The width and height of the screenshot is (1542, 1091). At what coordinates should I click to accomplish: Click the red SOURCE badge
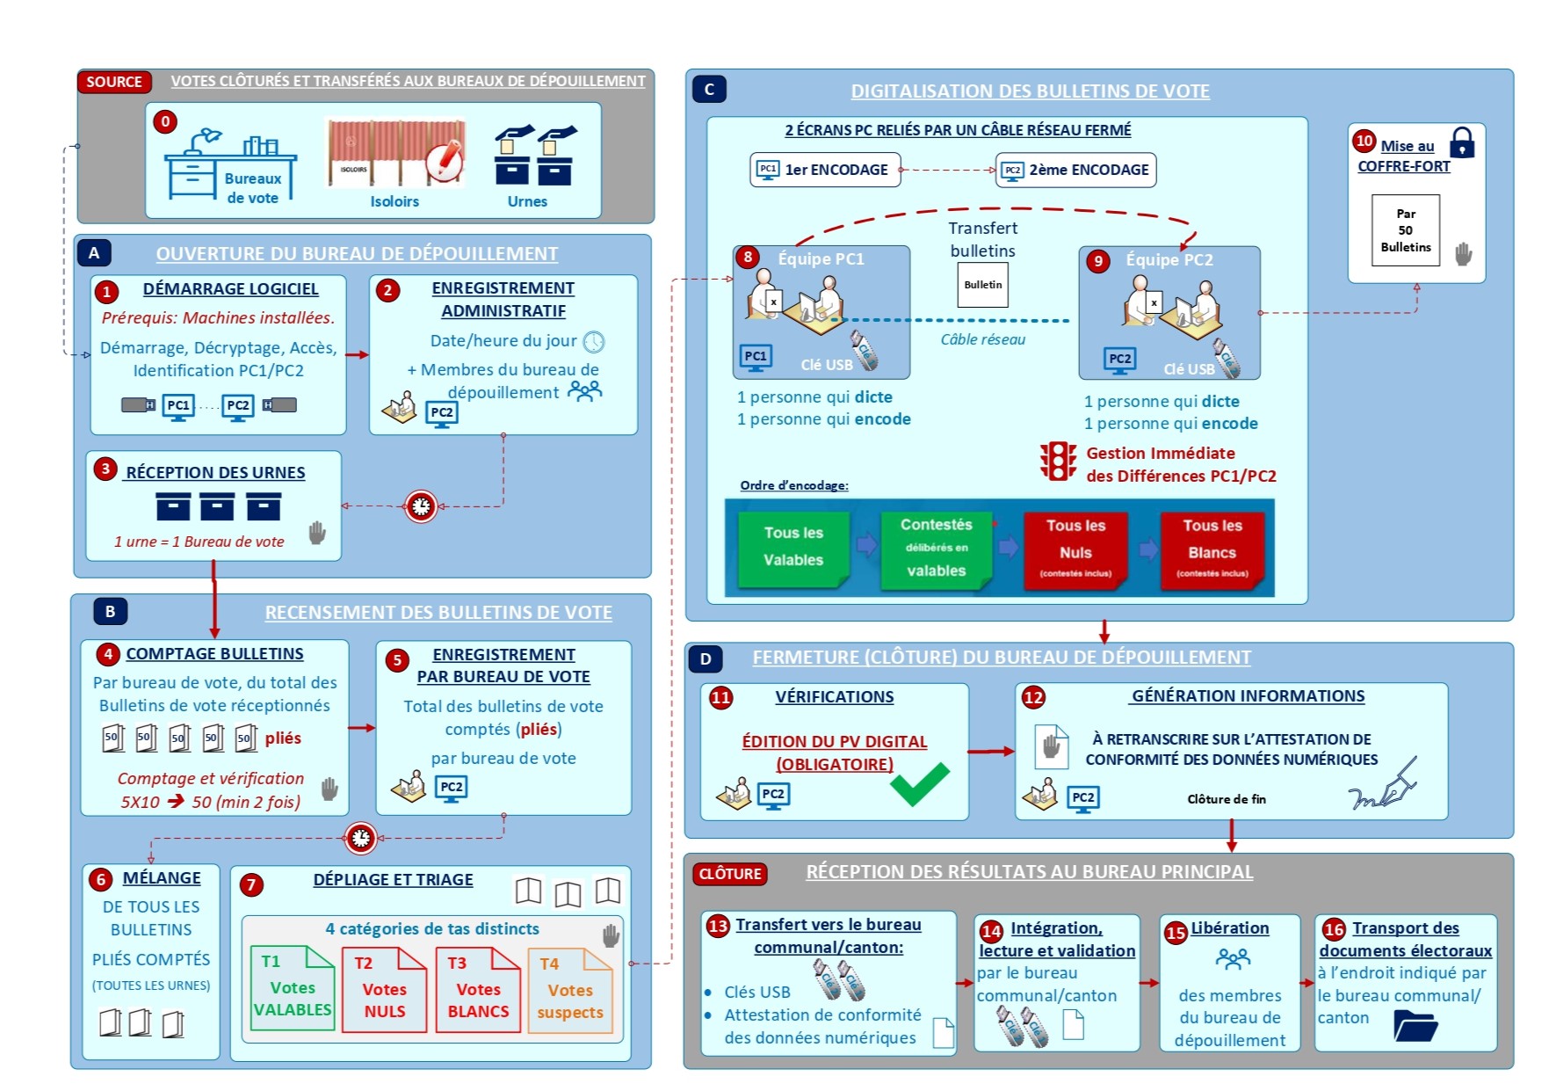coord(114,82)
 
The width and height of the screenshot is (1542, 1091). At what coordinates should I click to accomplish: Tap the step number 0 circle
coord(165,121)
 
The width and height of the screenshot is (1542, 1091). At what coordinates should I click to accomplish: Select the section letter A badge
coord(94,253)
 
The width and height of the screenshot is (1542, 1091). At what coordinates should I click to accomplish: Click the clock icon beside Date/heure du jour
coord(594,341)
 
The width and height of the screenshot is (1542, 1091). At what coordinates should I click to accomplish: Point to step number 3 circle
coord(105,469)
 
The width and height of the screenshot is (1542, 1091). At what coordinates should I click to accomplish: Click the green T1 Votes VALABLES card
coord(292,988)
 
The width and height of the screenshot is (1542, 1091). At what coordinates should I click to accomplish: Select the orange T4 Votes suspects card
coord(569,990)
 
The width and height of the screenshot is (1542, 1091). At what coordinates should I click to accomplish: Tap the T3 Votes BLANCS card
coord(478,989)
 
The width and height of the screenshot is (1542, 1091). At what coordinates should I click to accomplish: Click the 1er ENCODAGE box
coord(825,170)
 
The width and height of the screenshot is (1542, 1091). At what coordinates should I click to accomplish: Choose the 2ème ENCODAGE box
coord(1075,170)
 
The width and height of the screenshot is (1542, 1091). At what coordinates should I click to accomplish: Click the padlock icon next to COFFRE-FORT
coord(1462,142)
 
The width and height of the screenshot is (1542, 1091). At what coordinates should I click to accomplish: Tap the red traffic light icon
coord(1058,462)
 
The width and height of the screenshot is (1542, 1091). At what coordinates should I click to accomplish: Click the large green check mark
coord(919,782)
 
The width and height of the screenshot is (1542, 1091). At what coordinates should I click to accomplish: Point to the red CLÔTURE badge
coord(729,874)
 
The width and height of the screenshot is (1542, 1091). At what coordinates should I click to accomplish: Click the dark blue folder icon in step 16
coord(1415,1025)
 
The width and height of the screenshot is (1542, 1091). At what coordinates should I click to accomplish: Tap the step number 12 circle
coord(1033,698)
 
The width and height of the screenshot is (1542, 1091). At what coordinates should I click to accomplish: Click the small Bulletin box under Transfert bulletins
coord(982,285)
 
